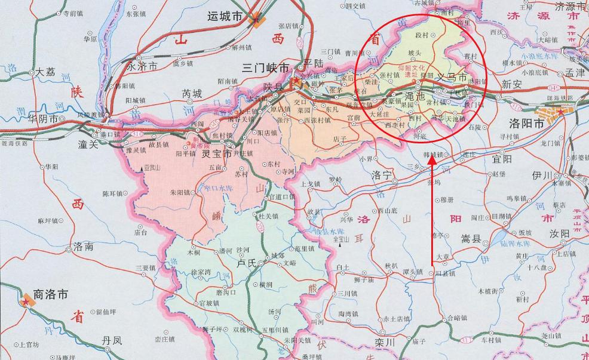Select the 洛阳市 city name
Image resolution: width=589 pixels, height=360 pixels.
click(x=526, y=124)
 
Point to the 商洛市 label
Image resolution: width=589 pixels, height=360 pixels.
click(x=50, y=294)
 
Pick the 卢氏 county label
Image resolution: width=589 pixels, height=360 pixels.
click(x=246, y=262)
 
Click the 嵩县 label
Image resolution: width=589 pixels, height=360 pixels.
click(x=471, y=239)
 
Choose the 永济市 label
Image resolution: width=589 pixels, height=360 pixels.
click(x=143, y=67)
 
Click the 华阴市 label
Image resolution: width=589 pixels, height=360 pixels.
click(x=44, y=119)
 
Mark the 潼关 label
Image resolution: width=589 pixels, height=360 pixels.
click(x=91, y=144)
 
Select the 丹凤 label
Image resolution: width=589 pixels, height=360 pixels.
click(x=111, y=340)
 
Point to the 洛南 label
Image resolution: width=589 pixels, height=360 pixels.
click(x=83, y=246)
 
